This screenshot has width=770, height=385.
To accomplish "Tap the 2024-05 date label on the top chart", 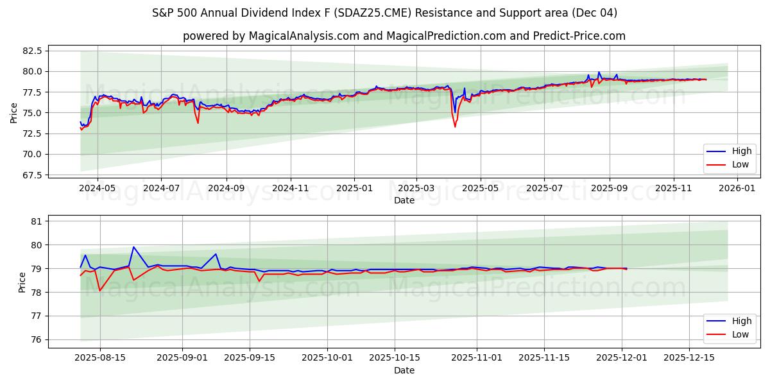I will point(98,189).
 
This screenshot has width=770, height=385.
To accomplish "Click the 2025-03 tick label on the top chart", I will point(416,189).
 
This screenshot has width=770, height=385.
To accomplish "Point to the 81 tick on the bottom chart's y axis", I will point(36,221).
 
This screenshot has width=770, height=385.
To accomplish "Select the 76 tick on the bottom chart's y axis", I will point(36,339).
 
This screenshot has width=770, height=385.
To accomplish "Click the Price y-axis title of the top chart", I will point(14,113).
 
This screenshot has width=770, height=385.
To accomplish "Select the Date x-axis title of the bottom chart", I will point(404,370).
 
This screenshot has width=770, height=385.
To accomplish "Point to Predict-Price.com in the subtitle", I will point(579,36).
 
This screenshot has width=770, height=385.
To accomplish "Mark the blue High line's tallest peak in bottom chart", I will point(133,247).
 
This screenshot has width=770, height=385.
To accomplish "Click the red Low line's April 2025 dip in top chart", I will point(455,126).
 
